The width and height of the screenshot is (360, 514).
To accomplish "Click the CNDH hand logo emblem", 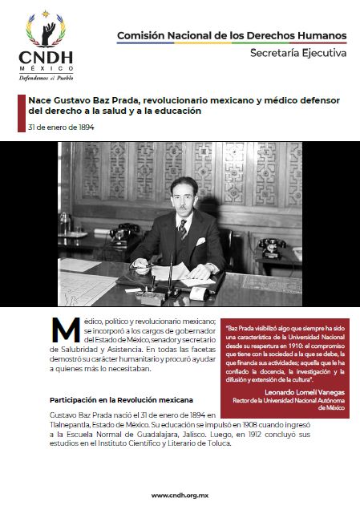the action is pyautogui.click(x=45, y=32).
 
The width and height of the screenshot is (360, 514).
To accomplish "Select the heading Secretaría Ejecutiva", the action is pyautogui.click(x=298, y=54).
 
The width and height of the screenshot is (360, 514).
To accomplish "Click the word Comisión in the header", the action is pyautogui.click(x=141, y=36).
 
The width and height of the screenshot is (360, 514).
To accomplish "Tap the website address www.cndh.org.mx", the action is pyautogui.click(x=180, y=496).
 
